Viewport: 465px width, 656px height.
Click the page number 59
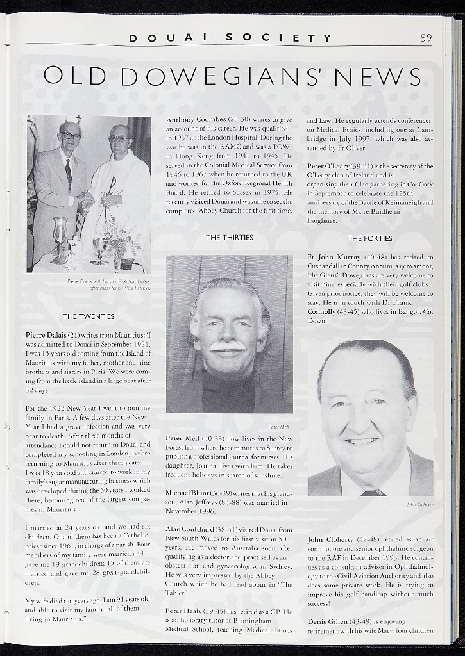coord(426,38)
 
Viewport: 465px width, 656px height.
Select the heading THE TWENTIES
coord(89,316)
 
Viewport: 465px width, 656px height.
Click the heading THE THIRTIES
coord(229,238)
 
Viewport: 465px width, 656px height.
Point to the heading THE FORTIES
coord(369,238)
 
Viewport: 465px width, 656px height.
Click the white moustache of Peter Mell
coord(228,347)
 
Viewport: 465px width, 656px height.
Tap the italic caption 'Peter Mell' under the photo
coord(278,426)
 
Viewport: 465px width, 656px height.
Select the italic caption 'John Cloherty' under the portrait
coord(419,505)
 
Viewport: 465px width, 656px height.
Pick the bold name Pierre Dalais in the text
coord(46,334)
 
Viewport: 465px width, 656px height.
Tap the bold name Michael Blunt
coord(189,493)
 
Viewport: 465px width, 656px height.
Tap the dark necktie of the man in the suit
coord(69,174)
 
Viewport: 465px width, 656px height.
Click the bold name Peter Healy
coord(183,612)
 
